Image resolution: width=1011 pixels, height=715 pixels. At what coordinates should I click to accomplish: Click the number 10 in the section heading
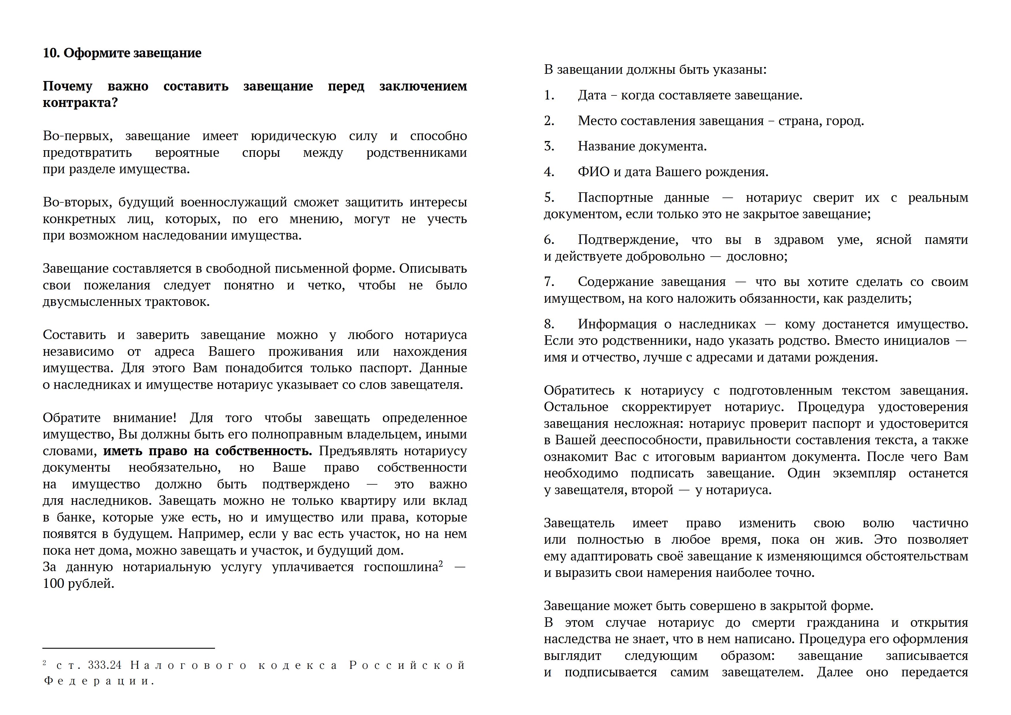(x=51, y=53)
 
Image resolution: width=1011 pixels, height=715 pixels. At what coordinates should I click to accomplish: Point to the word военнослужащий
(x=233, y=203)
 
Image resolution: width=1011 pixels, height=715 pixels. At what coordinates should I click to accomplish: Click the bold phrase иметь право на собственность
(x=208, y=451)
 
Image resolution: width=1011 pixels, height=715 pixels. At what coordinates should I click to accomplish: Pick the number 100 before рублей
(x=52, y=584)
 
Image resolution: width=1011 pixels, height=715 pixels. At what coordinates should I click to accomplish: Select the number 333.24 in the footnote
(x=105, y=665)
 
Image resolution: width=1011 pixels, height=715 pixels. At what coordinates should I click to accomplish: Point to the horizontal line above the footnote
(x=128, y=648)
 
